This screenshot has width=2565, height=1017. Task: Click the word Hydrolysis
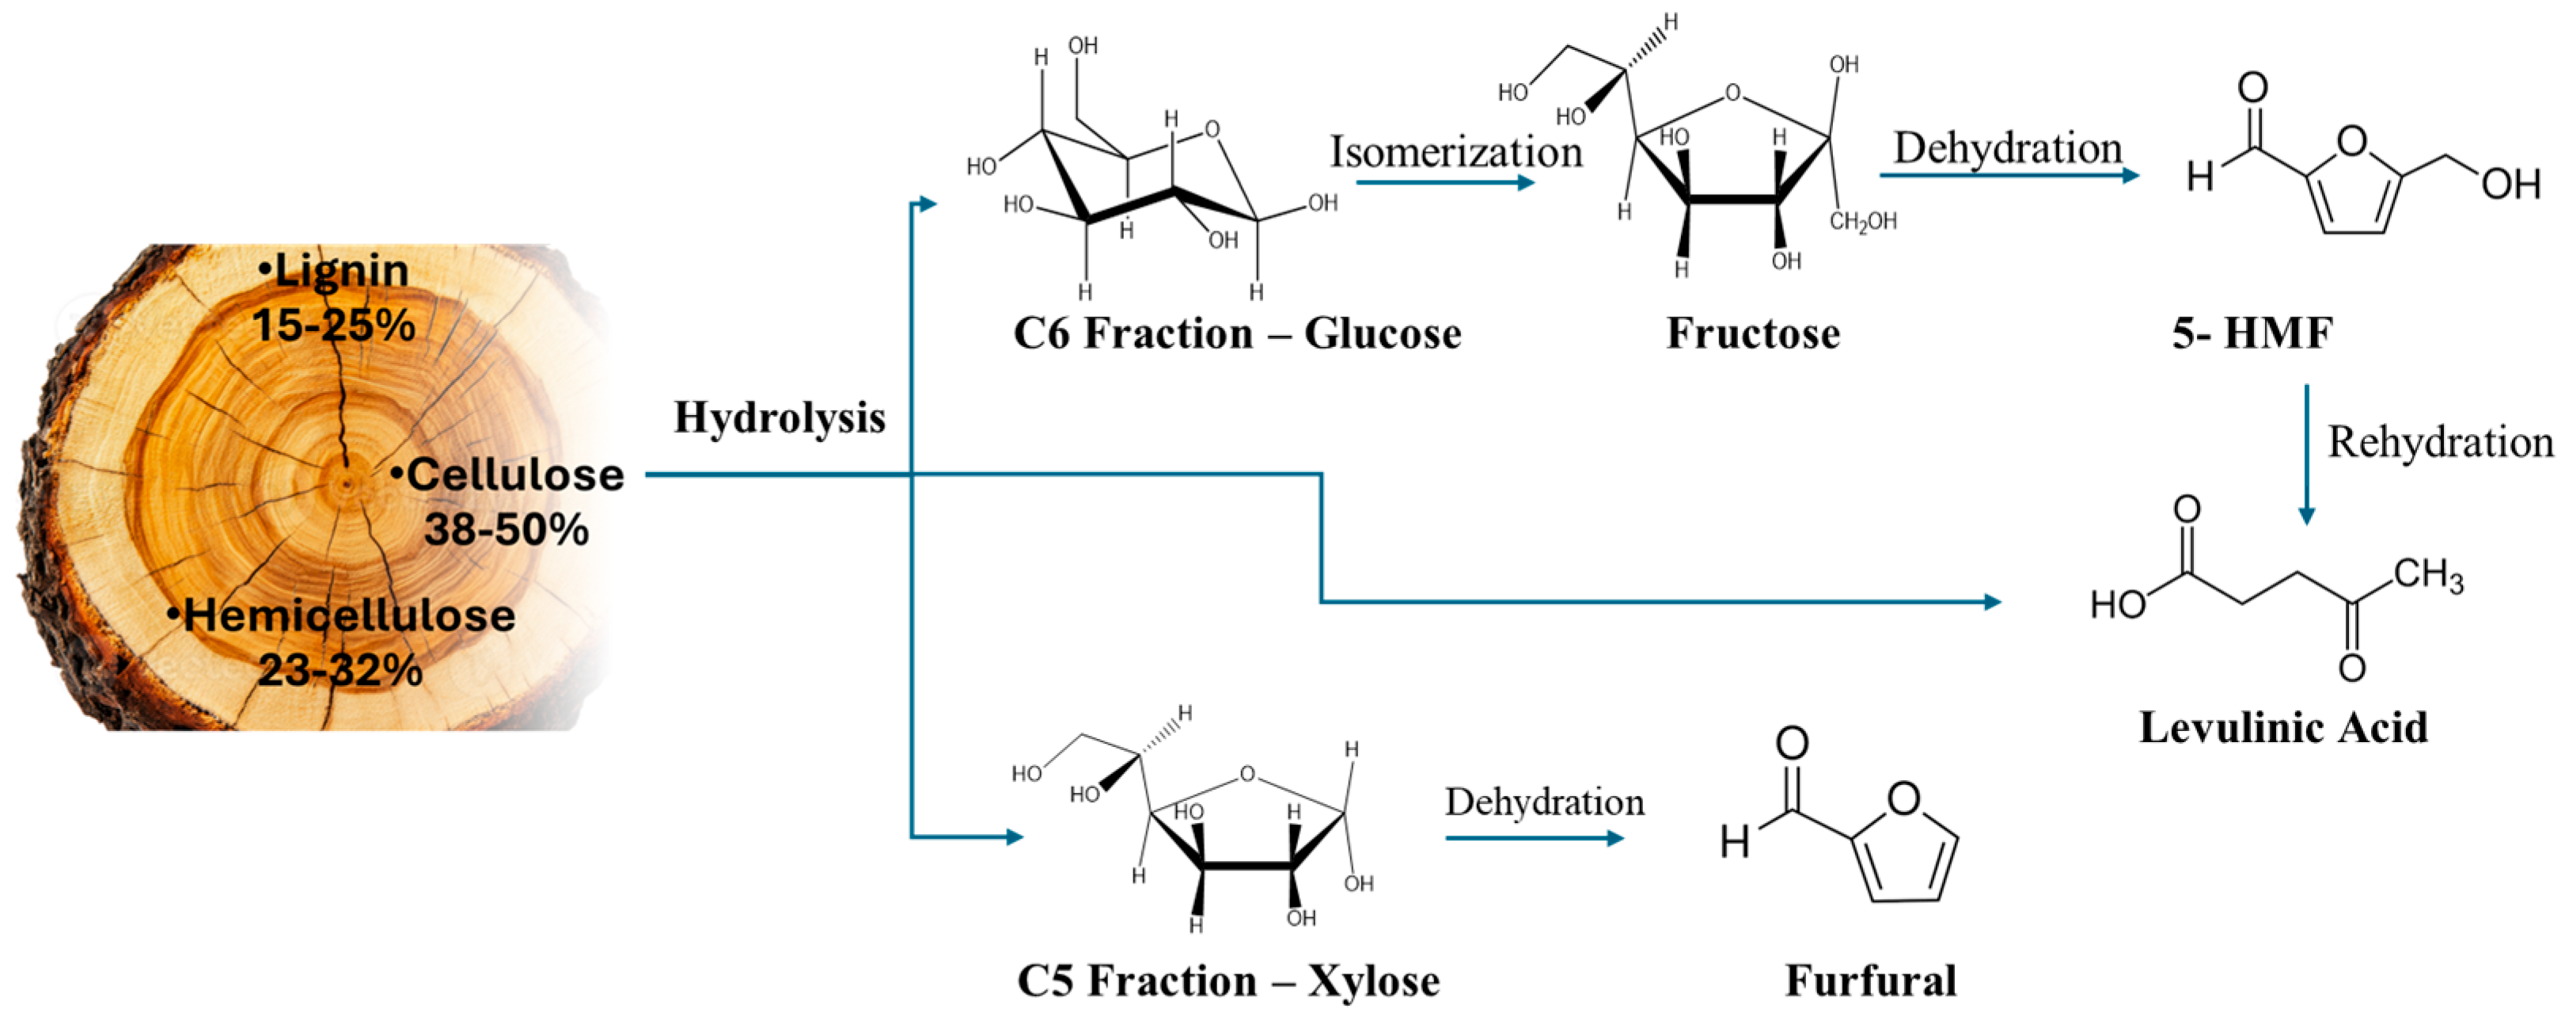pos(779,418)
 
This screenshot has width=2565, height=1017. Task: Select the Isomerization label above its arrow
pos(1455,152)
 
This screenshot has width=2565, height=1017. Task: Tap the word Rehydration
pos(2439,442)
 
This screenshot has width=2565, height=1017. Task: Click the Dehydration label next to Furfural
pos(1544,802)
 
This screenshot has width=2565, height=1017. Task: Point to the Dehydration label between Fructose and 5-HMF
pos(2007,148)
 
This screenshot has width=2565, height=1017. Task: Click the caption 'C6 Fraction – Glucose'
pos(1237,333)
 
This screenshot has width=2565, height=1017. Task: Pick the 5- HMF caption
pos(2252,333)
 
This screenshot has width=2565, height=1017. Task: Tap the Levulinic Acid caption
pos(2282,728)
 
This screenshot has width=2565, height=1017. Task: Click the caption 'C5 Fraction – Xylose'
pos(1227,981)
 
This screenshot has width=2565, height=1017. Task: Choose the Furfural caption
pos(1870,981)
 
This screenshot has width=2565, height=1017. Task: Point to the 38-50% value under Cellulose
pos(506,529)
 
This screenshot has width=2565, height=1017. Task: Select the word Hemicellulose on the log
pos(348,615)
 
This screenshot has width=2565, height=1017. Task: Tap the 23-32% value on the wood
pos(340,670)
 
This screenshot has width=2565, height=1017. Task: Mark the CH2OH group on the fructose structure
pos(1862,222)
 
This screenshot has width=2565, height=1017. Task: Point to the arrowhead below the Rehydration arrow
pos(2306,515)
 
